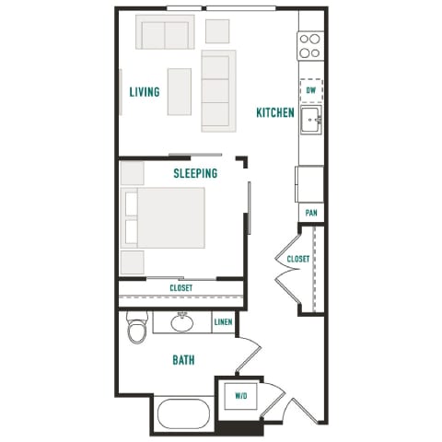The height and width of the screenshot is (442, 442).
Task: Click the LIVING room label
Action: pyautogui.click(x=145, y=92)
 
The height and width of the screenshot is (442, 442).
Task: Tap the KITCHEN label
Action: pyautogui.click(x=275, y=113)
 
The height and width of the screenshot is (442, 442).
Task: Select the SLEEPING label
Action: pyautogui.click(x=195, y=173)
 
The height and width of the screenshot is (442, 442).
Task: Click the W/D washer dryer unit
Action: pyautogui.click(x=241, y=397)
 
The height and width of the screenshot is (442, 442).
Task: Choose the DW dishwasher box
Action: pyautogui.click(x=311, y=91)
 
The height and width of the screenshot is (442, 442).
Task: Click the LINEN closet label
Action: pyautogui.click(x=223, y=322)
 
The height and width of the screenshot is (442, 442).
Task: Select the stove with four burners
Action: pyautogui.click(x=311, y=44)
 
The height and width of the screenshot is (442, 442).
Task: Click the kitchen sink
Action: pyautogui.click(x=311, y=120)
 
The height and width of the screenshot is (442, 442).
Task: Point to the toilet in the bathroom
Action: pyautogui.click(x=137, y=329)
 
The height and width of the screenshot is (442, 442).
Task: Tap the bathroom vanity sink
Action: pyautogui.click(x=180, y=322)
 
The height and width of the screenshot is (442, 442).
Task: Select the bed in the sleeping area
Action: pyautogui.click(x=167, y=217)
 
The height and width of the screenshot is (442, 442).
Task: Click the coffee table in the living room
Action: pyautogui.click(x=179, y=91)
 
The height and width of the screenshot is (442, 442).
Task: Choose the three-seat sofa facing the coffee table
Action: pyautogui.click(x=218, y=90)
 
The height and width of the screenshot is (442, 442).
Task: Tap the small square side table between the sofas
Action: pyautogui.click(x=217, y=31)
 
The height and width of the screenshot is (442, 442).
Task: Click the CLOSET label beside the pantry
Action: pyautogui.click(x=297, y=260)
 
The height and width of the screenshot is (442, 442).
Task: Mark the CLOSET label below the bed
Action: pyautogui.click(x=180, y=288)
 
